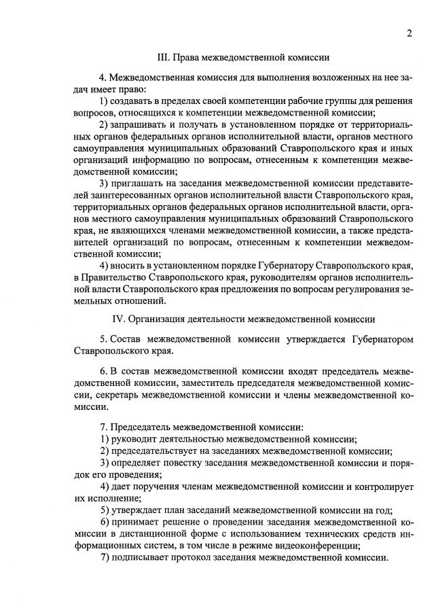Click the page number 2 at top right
(x=410, y=34)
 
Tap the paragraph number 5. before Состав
(x=103, y=338)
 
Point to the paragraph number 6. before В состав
(x=103, y=371)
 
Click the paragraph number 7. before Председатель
(x=103, y=427)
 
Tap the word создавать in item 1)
(x=134, y=101)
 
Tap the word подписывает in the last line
(x=141, y=557)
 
